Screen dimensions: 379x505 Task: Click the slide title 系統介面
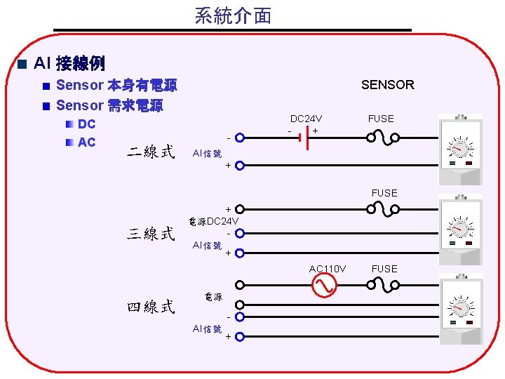pyautogui.click(x=233, y=15)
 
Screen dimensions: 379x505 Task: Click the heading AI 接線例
pyautogui.click(x=69, y=64)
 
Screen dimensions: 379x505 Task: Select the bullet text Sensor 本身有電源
pyautogui.click(x=116, y=86)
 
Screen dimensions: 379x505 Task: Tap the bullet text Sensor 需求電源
pyautogui.click(x=109, y=106)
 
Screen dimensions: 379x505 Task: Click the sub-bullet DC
pyautogui.click(x=87, y=125)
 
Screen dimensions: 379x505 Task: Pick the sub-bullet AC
pyautogui.click(x=87, y=142)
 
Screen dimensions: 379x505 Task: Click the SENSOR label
pyautogui.click(x=387, y=85)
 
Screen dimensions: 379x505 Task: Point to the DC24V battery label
pyautogui.click(x=307, y=119)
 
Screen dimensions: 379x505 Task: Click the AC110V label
pyautogui.click(x=328, y=269)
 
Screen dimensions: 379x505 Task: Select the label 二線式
pyautogui.click(x=149, y=152)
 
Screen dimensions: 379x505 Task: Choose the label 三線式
pyautogui.click(x=149, y=234)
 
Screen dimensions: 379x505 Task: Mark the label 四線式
pyautogui.click(x=149, y=307)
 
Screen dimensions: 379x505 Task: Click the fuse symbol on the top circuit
pyautogui.click(x=381, y=136)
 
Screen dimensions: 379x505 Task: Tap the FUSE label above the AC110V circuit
pyautogui.click(x=384, y=269)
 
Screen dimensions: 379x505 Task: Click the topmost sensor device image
pyautogui.click(x=459, y=149)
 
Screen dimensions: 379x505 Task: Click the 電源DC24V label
pyautogui.click(x=215, y=221)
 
